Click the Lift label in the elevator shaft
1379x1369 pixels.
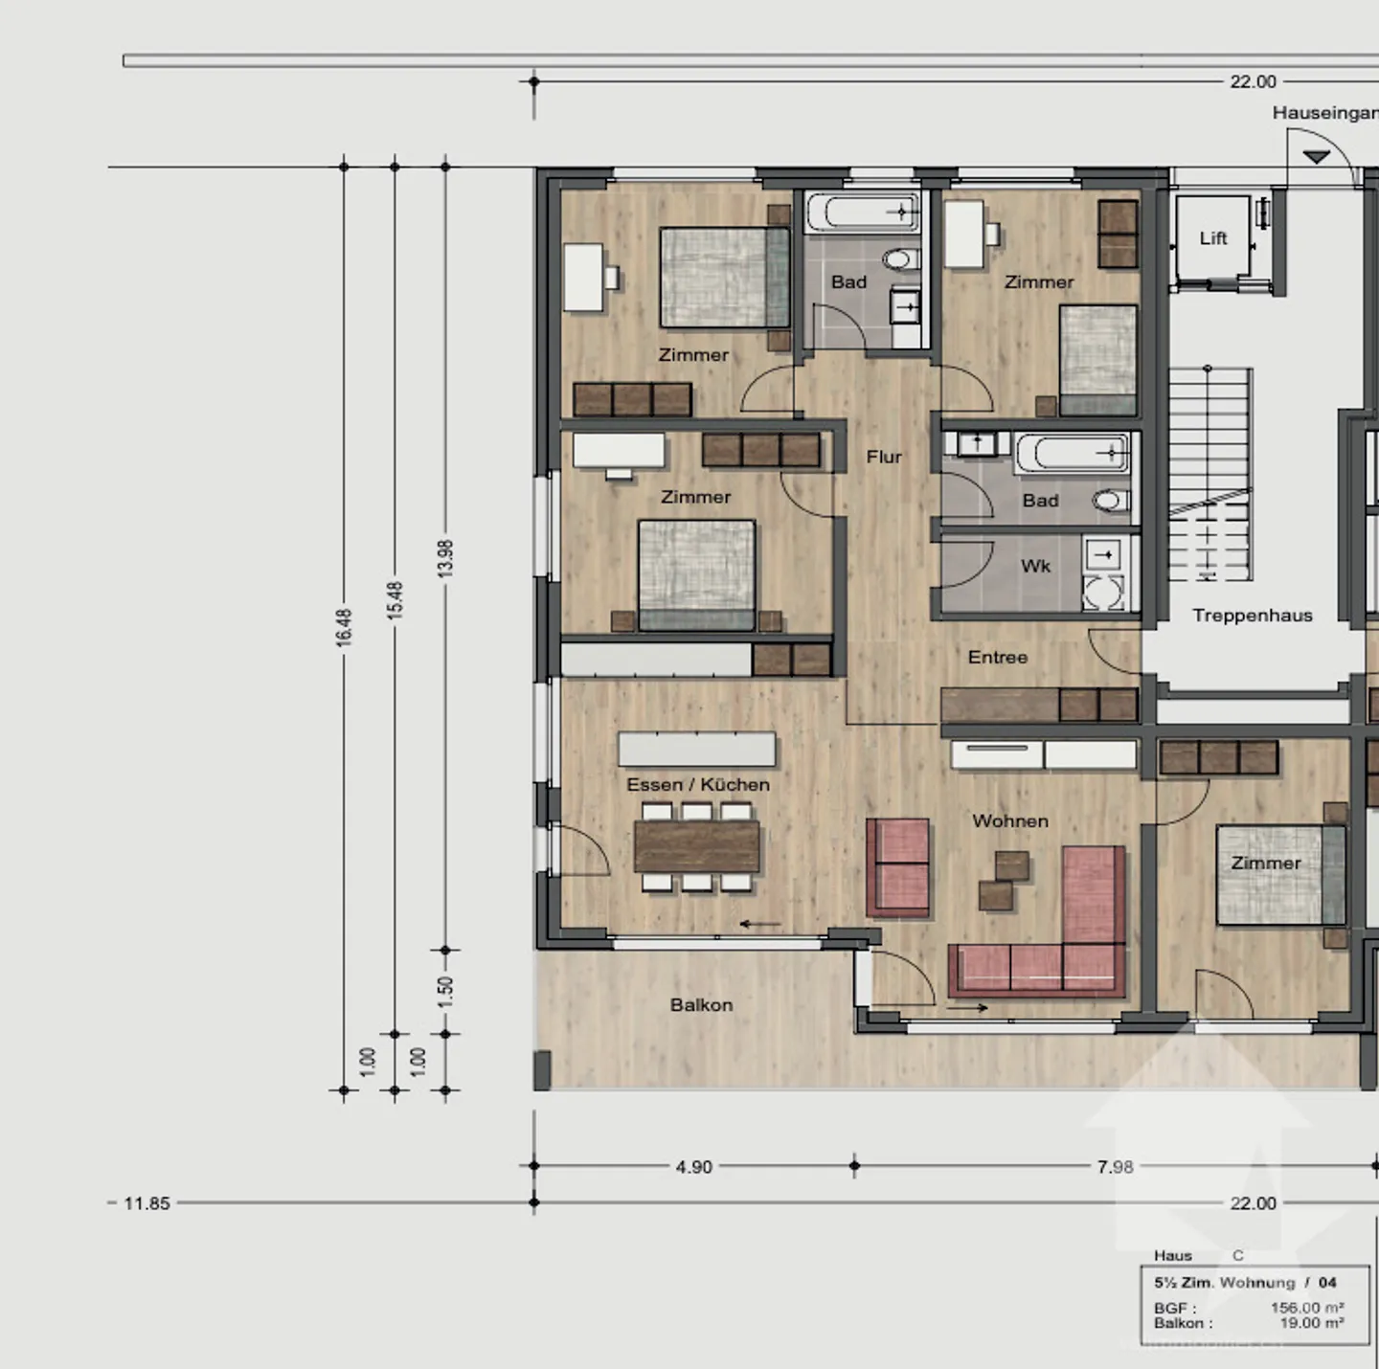[1212, 238]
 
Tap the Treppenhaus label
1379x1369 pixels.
[1252, 616]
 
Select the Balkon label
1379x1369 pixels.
[701, 1005]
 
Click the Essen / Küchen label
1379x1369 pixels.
[697, 785]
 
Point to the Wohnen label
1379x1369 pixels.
[1009, 821]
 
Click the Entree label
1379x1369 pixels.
[997, 658]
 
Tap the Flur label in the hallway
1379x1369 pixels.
[883, 458]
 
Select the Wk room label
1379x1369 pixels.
[1035, 567]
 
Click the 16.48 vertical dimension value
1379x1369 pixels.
[344, 628]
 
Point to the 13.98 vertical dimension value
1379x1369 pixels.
[445, 558]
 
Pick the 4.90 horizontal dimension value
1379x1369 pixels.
[693, 1167]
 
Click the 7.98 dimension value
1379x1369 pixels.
[1115, 1167]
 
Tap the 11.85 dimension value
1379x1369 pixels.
[147, 1203]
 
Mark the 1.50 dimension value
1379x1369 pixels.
[445, 992]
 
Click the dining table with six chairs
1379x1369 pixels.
[696, 847]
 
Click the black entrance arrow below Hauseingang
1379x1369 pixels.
[1317, 156]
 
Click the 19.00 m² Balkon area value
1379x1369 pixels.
[1311, 1323]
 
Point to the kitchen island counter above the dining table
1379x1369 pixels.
[696, 749]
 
